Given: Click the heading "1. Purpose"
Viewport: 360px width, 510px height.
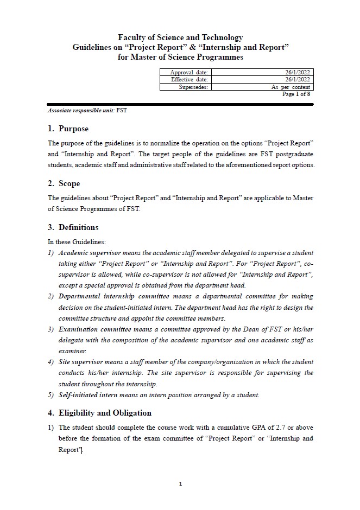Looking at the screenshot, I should point(68,129).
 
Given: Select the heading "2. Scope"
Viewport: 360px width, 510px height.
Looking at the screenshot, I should point(64,183).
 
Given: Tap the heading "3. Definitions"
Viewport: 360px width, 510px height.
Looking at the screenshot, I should point(73,227).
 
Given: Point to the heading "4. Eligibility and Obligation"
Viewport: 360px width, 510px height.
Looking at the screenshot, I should point(99,413).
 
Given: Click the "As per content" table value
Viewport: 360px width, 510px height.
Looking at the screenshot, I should point(290,87).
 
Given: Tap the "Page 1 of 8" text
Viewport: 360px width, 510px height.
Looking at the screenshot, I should point(296,94).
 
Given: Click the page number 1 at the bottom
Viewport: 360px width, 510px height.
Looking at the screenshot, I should point(180,484).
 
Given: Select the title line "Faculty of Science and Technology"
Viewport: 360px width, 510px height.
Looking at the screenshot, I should point(180,37).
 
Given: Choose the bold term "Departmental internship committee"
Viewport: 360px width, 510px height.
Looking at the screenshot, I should point(114,297).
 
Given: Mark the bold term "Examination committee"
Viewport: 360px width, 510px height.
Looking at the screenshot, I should point(94,329).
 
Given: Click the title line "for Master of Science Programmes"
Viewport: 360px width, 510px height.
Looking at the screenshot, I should point(180,57).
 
